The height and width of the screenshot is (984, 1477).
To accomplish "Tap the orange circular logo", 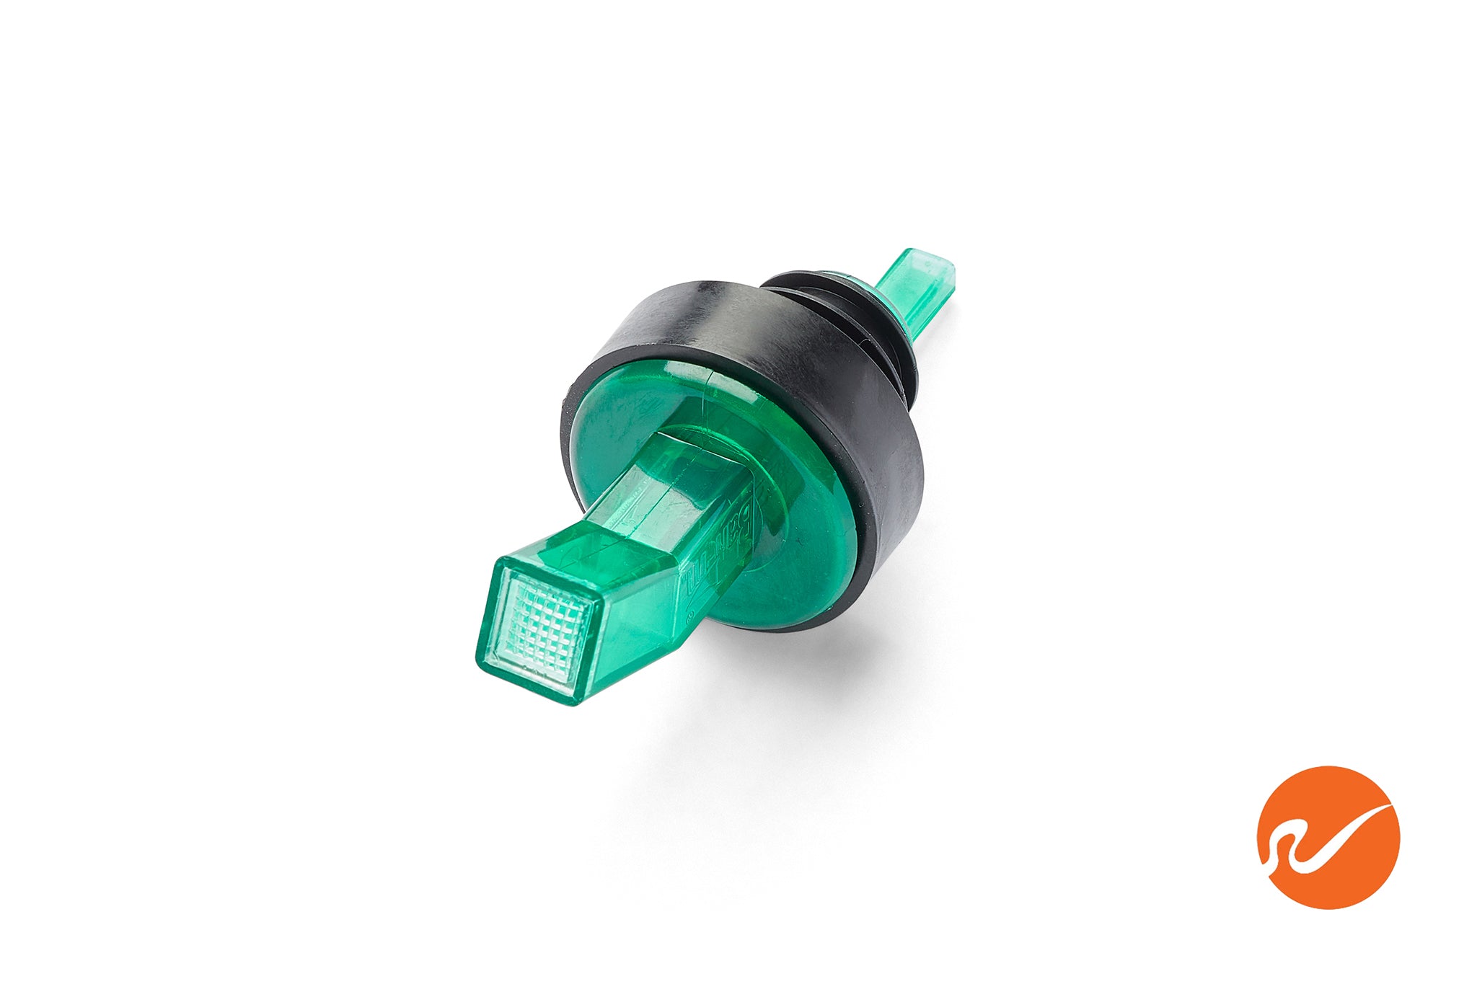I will (x=1328, y=836).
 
